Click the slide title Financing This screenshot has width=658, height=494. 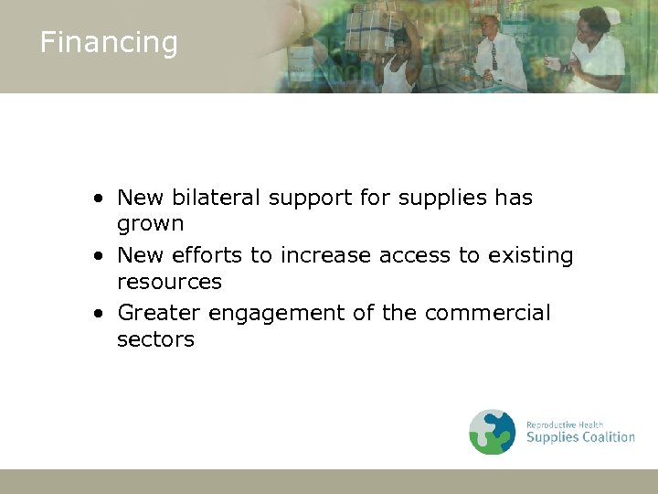point(108,43)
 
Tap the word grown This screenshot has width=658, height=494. point(150,223)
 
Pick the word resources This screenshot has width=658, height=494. point(169,281)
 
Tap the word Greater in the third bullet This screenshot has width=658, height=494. point(159,313)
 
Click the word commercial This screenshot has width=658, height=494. point(488,313)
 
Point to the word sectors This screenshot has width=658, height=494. point(155,339)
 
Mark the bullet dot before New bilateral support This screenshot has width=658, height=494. point(97,199)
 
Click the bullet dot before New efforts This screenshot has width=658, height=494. point(97,256)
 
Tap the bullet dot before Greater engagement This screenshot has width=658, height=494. point(97,314)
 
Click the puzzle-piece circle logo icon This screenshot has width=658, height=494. point(493,432)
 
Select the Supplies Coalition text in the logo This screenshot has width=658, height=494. point(580,437)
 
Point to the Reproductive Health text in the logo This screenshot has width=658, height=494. point(564,424)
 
